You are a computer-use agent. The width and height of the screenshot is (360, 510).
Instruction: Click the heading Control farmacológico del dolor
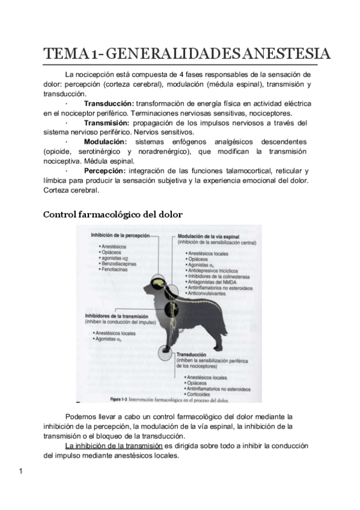click(113, 214)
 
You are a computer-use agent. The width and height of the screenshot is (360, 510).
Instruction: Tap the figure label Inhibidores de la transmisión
click(120, 316)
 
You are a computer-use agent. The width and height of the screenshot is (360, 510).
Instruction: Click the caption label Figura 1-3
click(123, 398)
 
